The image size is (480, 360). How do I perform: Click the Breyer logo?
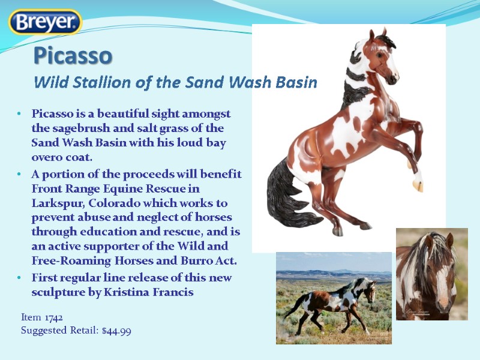(x=45, y=23)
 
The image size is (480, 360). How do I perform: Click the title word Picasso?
(x=73, y=56)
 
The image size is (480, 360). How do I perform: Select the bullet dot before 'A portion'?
(x=20, y=175)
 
